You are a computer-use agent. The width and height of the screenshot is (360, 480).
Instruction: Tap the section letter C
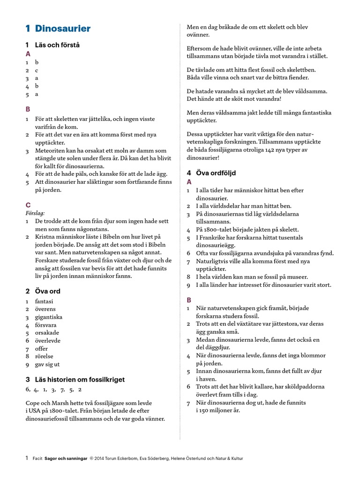[28, 205]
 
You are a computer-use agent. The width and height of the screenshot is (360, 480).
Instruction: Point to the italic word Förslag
[35, 212]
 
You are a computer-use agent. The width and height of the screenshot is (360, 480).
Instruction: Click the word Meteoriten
[51, 150]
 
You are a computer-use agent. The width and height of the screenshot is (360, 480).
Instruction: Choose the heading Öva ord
[48, 291]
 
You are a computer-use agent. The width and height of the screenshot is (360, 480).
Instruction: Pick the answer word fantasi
[44, 301]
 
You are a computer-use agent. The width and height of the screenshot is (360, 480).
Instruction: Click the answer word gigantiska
[49, 317]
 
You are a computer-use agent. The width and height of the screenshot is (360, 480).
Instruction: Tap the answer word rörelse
[45, 356]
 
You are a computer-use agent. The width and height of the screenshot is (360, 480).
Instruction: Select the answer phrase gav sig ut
[47, 364]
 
